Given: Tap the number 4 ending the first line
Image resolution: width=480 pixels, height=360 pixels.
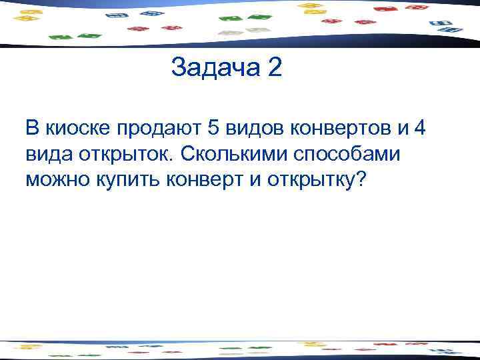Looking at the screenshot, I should [419, 127].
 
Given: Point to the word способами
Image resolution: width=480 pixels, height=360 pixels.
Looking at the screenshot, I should [355, 153].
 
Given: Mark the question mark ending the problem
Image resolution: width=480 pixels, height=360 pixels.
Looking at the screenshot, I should [362, 180].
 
